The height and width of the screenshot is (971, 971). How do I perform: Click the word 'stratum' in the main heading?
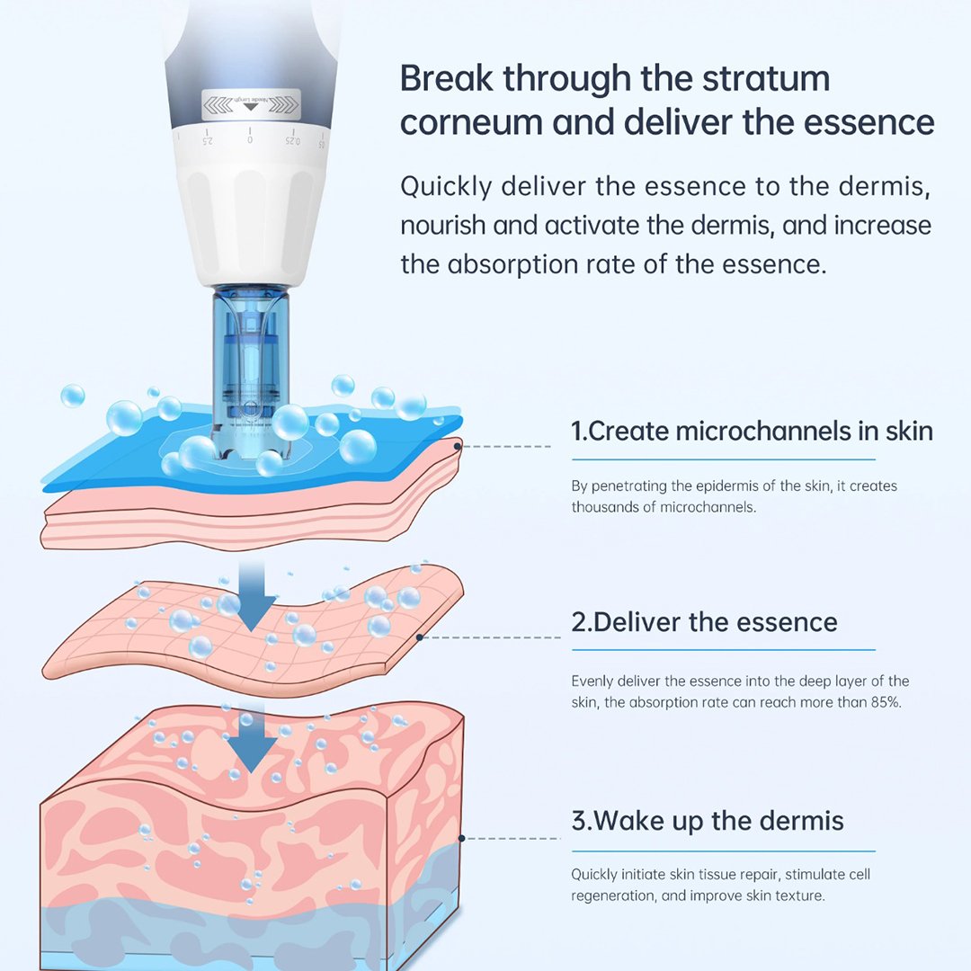[735, 78]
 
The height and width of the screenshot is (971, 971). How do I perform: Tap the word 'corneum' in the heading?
[470, 122]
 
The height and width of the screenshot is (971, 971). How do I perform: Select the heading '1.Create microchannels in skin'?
[752, 431]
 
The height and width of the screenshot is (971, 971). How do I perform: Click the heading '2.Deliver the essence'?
[704, 622]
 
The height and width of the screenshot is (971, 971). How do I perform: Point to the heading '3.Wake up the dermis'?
[708, 821]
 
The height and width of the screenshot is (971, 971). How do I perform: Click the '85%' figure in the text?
[886, 702]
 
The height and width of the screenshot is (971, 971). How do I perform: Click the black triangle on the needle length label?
[250, 106]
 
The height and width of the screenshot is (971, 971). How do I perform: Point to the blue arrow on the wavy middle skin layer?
[252, 596]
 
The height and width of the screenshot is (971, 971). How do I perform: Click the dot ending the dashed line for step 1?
[459, 446]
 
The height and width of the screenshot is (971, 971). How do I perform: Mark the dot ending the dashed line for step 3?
[462, 839]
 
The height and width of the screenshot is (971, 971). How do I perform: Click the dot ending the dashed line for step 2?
[420, 637]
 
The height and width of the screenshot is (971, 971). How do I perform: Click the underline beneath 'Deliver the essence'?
[723, 650]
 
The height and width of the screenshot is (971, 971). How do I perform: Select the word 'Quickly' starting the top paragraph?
[446, 187]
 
